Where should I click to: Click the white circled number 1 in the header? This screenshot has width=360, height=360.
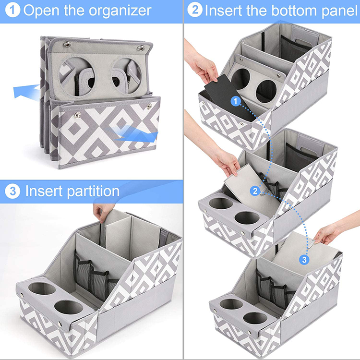(12, 10)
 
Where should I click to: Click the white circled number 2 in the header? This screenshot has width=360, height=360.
(195, 10)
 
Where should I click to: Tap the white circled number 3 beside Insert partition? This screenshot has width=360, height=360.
(12, 191)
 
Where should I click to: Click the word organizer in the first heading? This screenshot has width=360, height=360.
(120, 11)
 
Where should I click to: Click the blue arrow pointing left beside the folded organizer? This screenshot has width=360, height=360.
(26, 92)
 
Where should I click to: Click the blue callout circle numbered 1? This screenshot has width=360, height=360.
(235, 101)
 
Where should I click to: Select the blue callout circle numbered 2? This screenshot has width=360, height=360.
(255, 191)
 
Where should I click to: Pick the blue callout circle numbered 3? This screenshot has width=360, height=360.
(304, 259)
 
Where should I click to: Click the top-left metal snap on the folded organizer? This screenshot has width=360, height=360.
(67, 44)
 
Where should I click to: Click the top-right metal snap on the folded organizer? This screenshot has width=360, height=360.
(141, 48)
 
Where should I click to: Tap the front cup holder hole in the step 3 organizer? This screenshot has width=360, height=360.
(69, 307)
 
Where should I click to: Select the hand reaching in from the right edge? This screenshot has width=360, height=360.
(333, 229)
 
